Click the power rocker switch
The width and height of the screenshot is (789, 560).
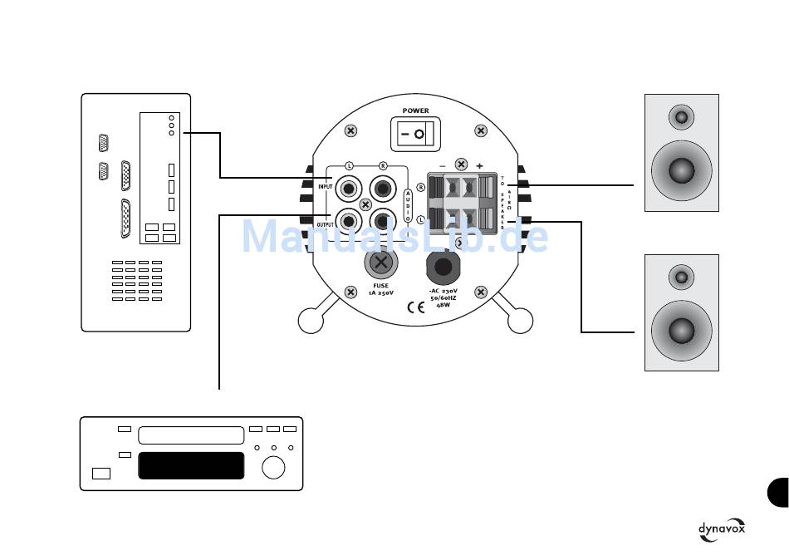point(415,133)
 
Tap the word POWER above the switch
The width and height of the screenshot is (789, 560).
point(415,111)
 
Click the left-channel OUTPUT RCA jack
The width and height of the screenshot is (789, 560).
point(347,222)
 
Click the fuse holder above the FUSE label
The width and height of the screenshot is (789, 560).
point(380,264)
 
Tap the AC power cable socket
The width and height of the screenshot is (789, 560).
point(443,267)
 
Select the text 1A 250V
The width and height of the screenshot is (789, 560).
point(380,293)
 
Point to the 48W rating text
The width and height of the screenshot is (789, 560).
point(444,305)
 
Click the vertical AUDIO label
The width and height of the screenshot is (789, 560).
point(407,205)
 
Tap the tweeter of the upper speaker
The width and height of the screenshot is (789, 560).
point(682,116)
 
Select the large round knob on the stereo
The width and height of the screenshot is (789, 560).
point(272,468)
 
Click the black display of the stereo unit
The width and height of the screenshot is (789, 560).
point(191,465)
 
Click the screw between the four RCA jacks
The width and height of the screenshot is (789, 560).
point(365,204)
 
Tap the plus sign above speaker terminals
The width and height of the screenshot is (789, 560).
point(480,166)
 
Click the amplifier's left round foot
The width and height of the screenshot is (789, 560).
point(311,320)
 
